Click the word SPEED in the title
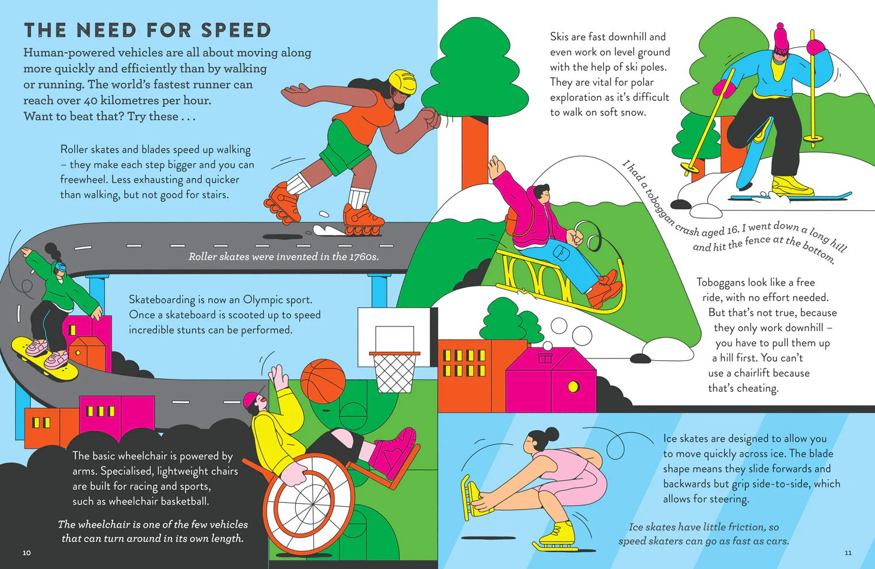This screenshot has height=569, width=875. [x=235, y=30]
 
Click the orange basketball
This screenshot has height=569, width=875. [x=323, y=380]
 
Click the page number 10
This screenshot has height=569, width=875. [x=27, y=553]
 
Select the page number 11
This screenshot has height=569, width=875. [x=848, y=553]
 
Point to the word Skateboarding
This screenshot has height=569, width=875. [x=162, y=300]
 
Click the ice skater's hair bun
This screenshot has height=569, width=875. [x=552, y=434]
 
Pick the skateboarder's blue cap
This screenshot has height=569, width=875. [x=60, y=268]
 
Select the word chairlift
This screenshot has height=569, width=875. [x=752, y=373]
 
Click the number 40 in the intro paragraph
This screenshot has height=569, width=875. [x=90, y=101]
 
